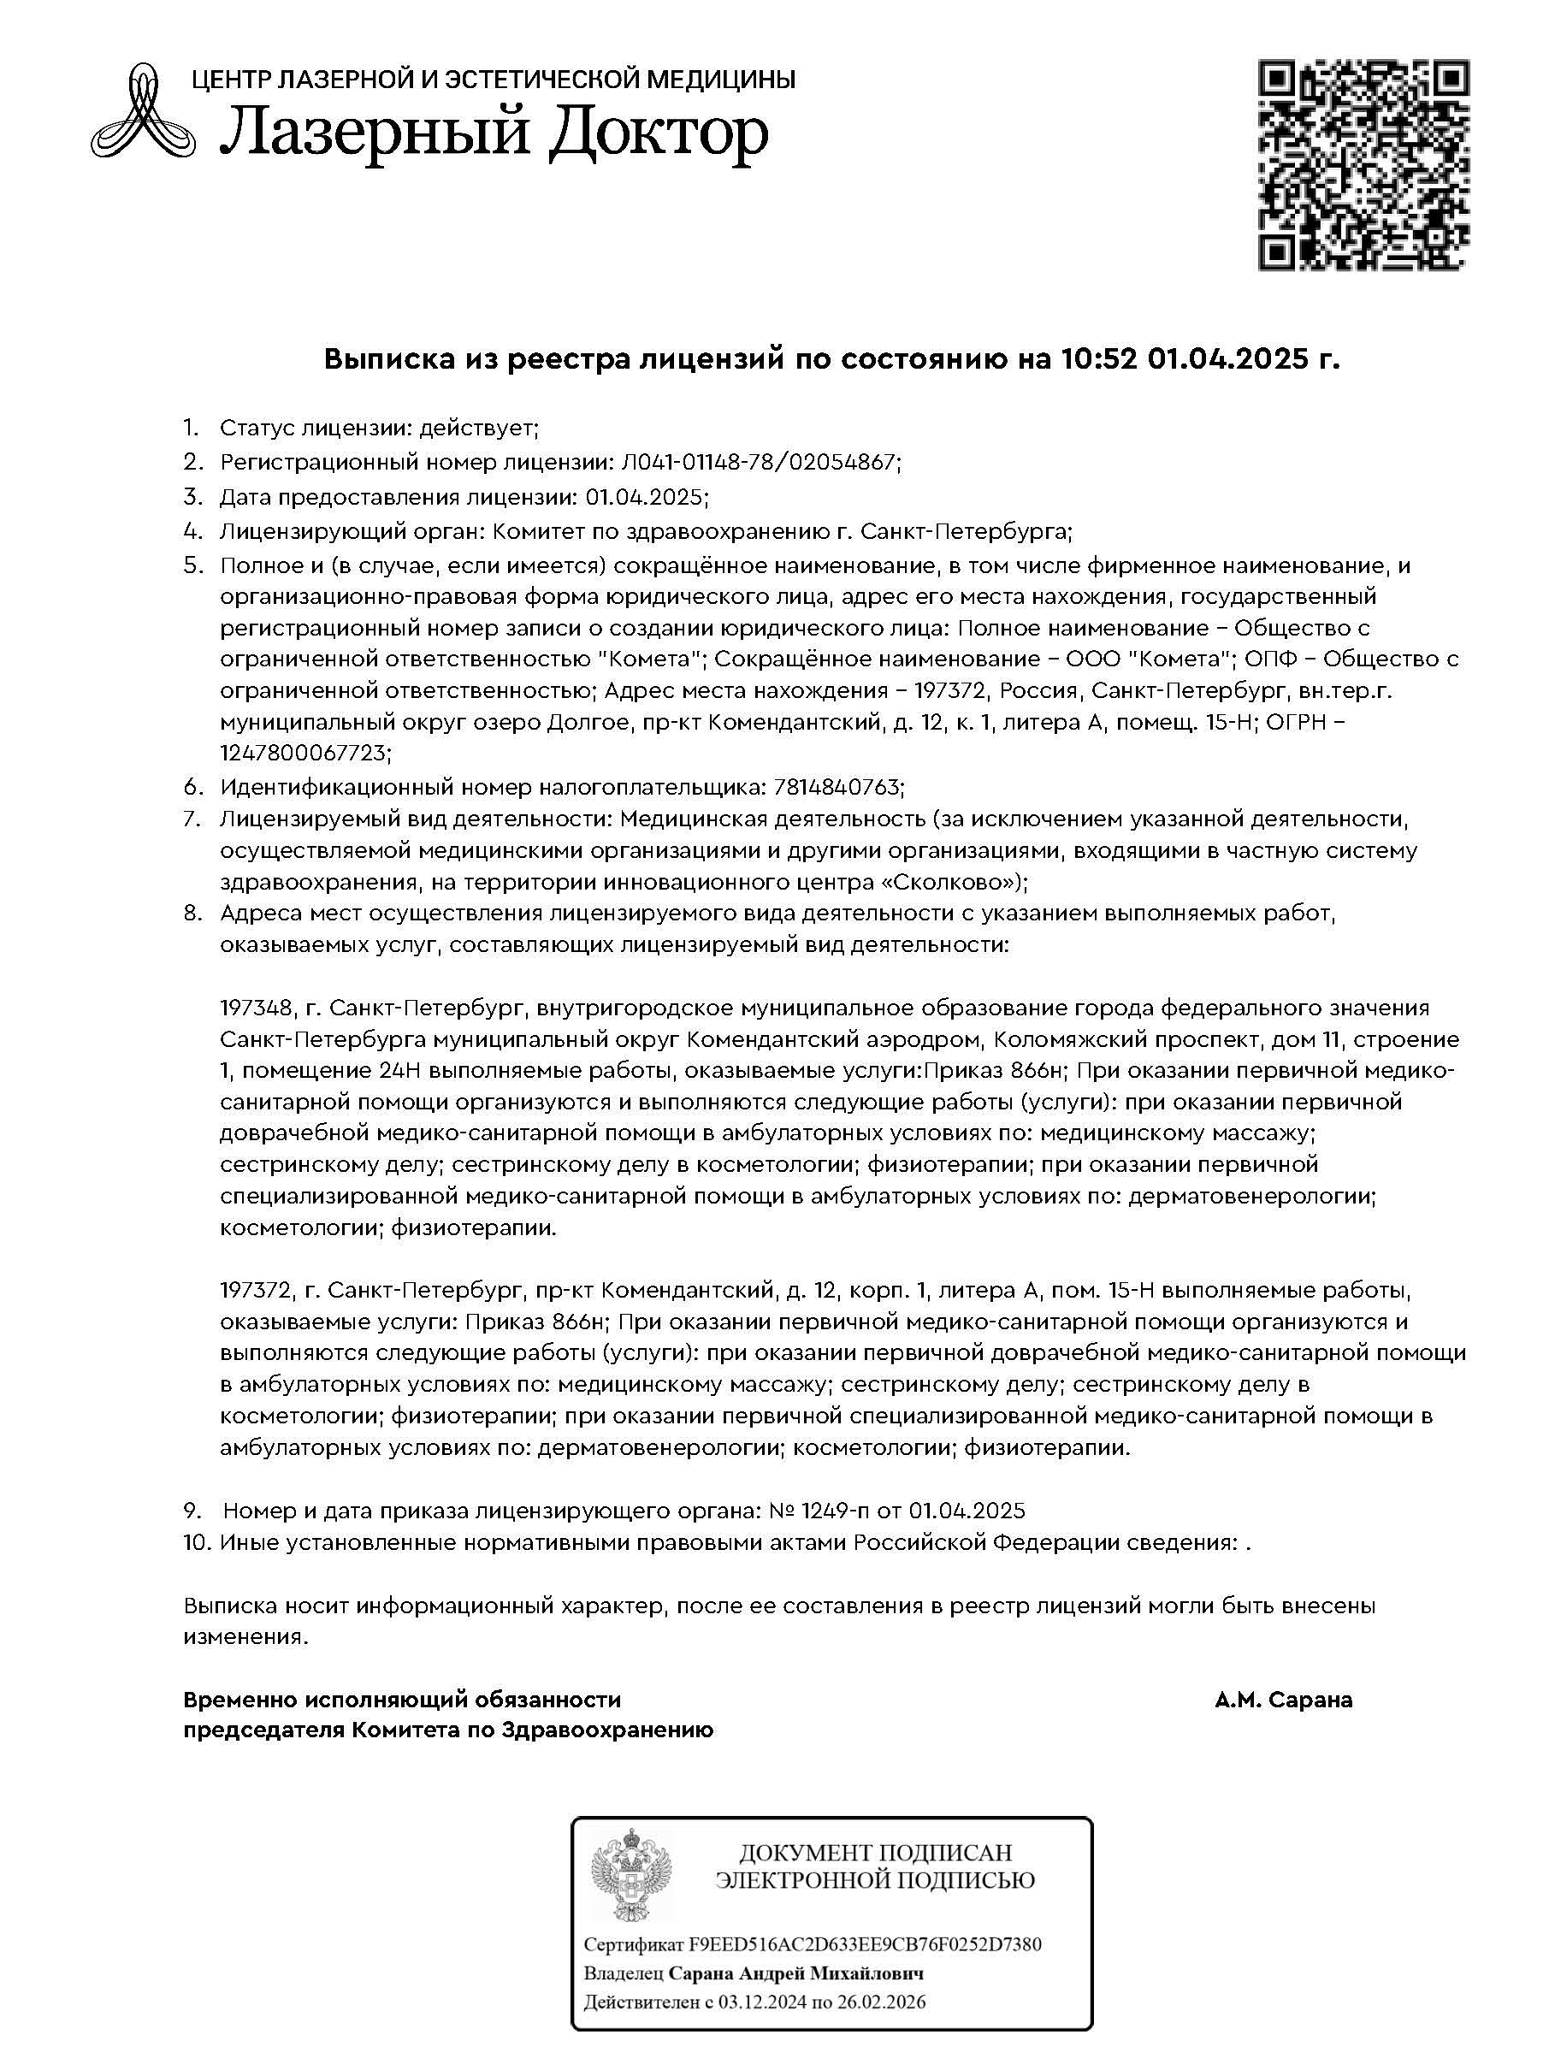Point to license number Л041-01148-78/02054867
pyautogui.click(x=758, y=461)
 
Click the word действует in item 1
pyautogui.click(x=477, y=428)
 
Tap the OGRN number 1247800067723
pyautogui.click(x=304, y=754)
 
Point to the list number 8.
pyautogui.click(x=192, y=913)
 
